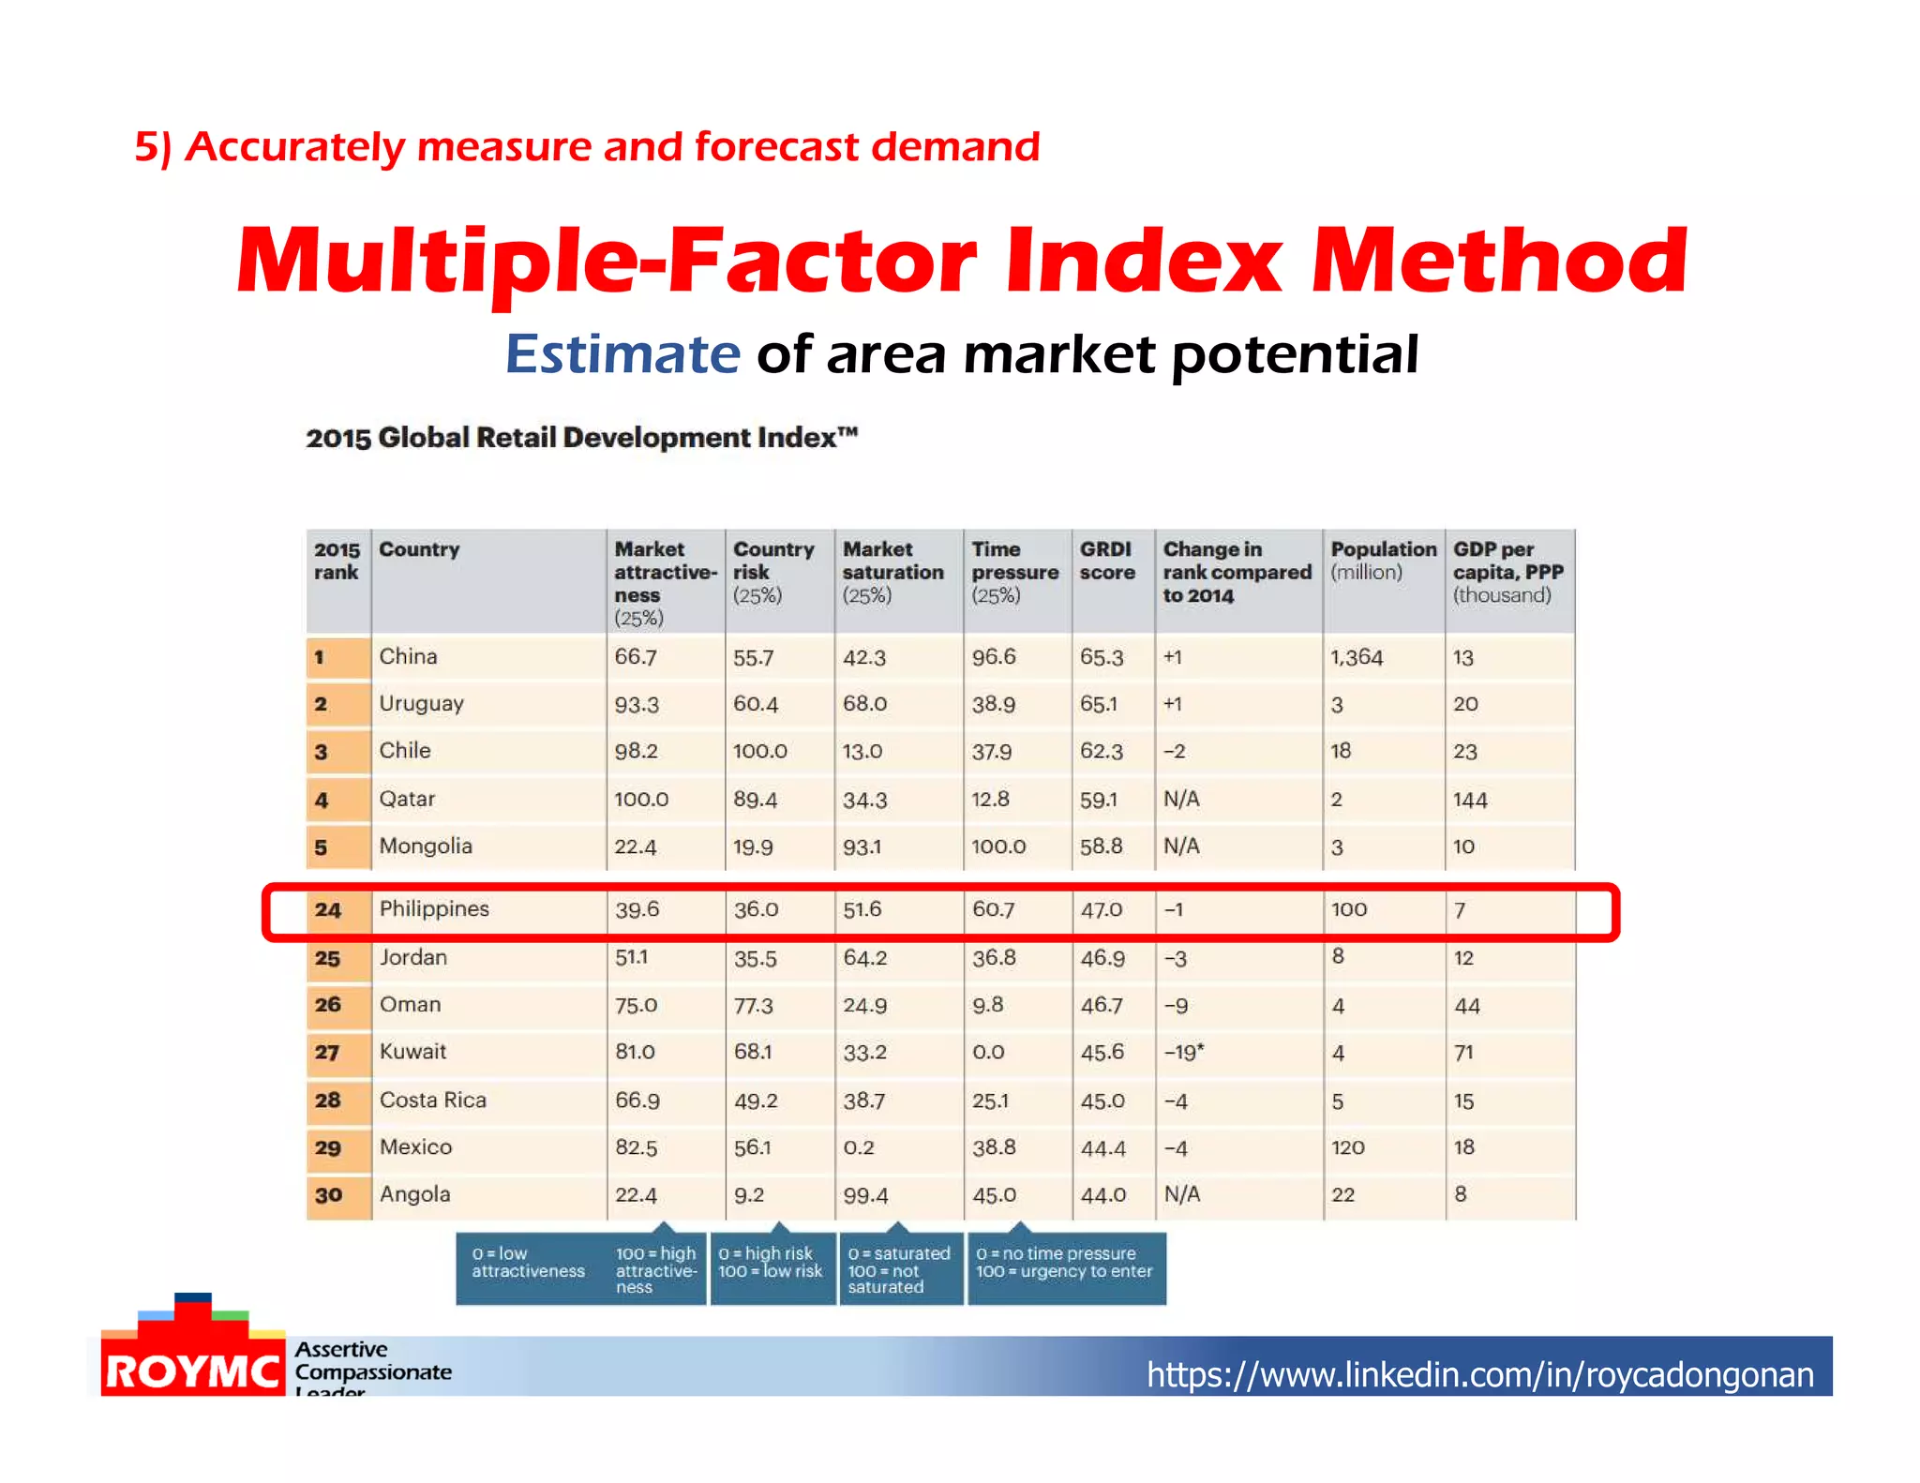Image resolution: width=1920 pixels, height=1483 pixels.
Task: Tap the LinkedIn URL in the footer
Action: coord(1479,1374)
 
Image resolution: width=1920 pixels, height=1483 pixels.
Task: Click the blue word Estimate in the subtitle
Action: coord(622,354)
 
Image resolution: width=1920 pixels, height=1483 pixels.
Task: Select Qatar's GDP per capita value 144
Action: coord(1469,800)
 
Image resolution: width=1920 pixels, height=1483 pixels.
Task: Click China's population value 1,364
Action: coord(1356,657)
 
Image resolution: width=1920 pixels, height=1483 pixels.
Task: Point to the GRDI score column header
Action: coord(1107,561)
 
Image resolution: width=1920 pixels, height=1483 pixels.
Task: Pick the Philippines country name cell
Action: coord(434,908)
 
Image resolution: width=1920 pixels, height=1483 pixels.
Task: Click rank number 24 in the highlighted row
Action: coord(328,909)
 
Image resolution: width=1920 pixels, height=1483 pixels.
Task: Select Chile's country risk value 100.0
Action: coord(759,751)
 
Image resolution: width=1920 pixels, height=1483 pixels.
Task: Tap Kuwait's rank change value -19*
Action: coord(1183,1052)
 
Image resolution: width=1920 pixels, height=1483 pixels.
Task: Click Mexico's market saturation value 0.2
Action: coord(858,1147)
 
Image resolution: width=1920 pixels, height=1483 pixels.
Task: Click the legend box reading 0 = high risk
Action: coord(771,1263)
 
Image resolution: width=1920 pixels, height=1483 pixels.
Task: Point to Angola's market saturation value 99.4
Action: coord(864,1195)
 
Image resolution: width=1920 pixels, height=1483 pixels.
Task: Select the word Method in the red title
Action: coord(1498,261)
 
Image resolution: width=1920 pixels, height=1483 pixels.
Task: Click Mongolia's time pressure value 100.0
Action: coord(998,846)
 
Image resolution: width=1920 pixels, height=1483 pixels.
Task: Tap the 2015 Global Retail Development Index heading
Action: coord(581,438)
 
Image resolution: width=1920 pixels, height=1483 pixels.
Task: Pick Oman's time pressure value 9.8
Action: coord(987,1005)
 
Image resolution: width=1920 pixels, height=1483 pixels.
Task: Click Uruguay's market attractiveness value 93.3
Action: coord(636,704)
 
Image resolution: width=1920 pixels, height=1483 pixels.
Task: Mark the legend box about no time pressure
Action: coord(1065,1263)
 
